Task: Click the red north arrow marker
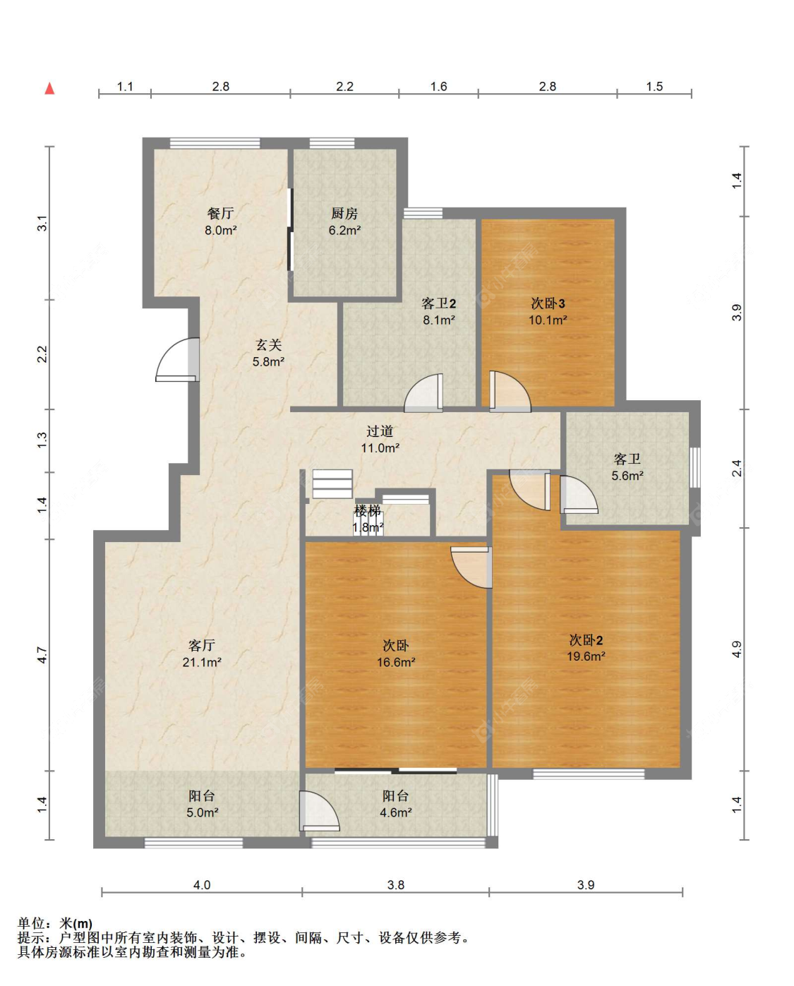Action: click(x=49, y=88)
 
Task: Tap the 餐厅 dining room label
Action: click(x=220, y=213)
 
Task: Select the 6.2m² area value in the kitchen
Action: click(x=344, y=231)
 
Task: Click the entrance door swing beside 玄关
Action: click(x=177, y=360)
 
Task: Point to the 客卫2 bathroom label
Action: click(x=438, y=303)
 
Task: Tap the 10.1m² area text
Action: click(x=548, y=320)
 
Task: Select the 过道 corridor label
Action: click(x=380, y=431)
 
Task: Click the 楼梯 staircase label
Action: click(x=368, y=510)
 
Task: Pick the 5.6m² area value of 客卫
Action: click(x=627, y=476)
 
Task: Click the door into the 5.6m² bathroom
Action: click(x=579, y=494)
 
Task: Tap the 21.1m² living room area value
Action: click(x=202, y=662)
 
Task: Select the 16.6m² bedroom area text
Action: click(x=396, y=662)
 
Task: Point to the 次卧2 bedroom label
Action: click(x=586, y=639)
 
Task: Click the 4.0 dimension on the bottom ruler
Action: click(x=202, y=885)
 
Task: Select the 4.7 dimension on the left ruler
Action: click(x=42, y=655)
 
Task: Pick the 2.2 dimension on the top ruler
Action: click(x=344, y=87)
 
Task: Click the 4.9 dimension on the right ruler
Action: click(x=736, y=649)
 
